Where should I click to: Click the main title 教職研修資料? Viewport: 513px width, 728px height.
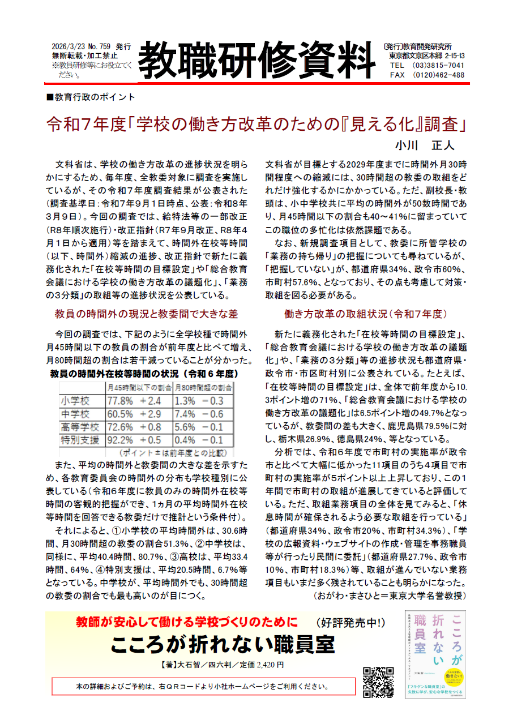point(255,60)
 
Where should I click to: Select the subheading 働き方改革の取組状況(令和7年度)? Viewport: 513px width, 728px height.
point(366,313)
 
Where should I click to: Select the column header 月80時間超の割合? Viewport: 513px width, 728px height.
point(203,388)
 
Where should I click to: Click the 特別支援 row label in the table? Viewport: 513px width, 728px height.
point(79,440)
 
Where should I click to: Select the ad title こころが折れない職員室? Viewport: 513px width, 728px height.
point(222,644)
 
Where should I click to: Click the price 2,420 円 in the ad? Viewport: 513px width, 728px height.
point(266,664)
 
